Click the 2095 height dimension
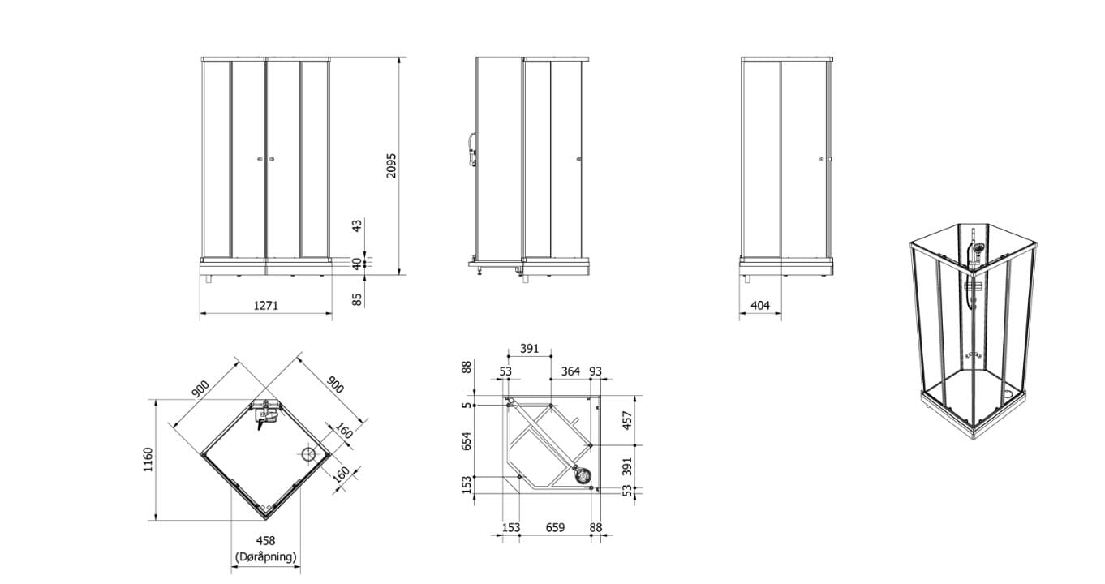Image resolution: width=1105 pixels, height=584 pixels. click(391, 165)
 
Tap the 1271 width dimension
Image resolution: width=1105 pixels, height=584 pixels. click(266, 306)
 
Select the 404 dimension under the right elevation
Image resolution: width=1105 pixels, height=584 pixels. click(760, 306)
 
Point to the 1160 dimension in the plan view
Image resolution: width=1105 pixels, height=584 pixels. click(148, 460)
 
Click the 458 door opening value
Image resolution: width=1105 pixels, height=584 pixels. click(265, 541)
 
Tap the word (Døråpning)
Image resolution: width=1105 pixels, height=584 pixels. click(266, 557)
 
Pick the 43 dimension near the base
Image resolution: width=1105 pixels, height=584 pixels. click(357, 225)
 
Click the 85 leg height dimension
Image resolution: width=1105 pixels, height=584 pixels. click(357, 299)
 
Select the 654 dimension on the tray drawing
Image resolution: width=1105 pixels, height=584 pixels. click(467, 441)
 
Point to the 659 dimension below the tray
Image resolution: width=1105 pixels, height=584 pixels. click(555, 528)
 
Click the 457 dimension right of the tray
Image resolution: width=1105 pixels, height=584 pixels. click(627, 420)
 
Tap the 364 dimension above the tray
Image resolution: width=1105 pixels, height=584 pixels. click(570, 371)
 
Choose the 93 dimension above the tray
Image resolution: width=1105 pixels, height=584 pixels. click(595, 371)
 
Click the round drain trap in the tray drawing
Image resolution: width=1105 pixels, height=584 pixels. click(583, 476)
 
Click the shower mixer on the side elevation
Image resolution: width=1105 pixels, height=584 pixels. click(472, 149)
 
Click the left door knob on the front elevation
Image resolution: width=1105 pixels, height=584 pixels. click(260, 159)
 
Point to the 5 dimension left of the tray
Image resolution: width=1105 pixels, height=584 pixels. click(467, 406)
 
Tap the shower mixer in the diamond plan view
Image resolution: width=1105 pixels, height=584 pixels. click(265, 414)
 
